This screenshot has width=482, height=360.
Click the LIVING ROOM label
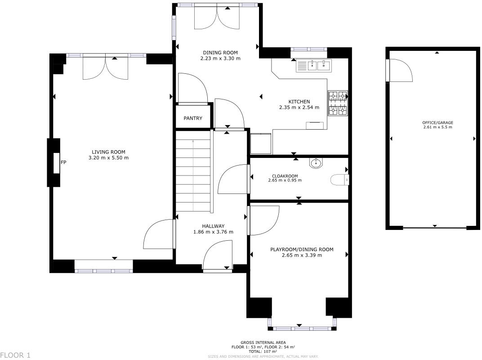point(108,152)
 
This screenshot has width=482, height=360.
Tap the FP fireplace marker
point(63,162)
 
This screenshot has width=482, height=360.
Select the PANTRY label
point(193,118)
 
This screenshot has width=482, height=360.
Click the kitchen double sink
point(313,66)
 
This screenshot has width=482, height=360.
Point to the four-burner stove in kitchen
point(338,103)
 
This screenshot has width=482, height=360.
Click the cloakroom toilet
point(340,180)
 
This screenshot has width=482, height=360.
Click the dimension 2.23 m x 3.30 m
point(220,58)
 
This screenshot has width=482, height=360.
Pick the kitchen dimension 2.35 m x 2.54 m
point(299,108)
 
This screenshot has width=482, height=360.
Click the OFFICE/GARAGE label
point(437,122)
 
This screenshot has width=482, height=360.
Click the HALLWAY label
point(213,226)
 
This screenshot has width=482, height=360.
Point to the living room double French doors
point(106,67)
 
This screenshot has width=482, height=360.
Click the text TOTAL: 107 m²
point(263,351)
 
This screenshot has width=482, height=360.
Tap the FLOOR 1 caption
point(15,355)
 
